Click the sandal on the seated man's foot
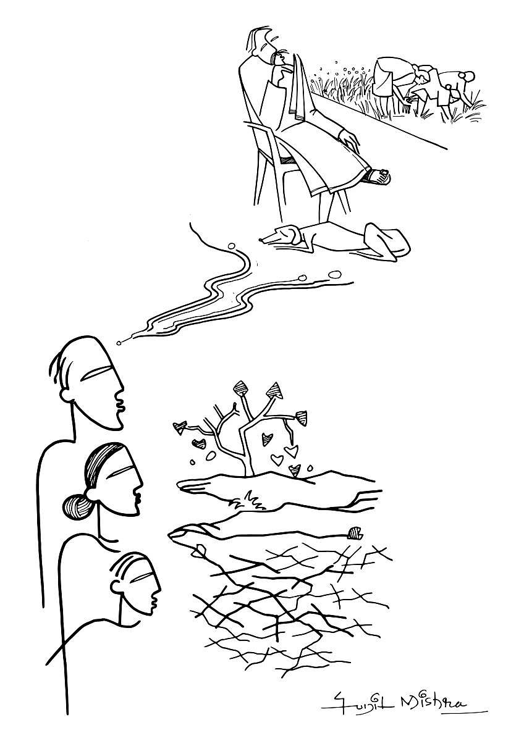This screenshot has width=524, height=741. pos(377,177)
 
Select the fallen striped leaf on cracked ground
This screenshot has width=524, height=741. pos(355,533)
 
